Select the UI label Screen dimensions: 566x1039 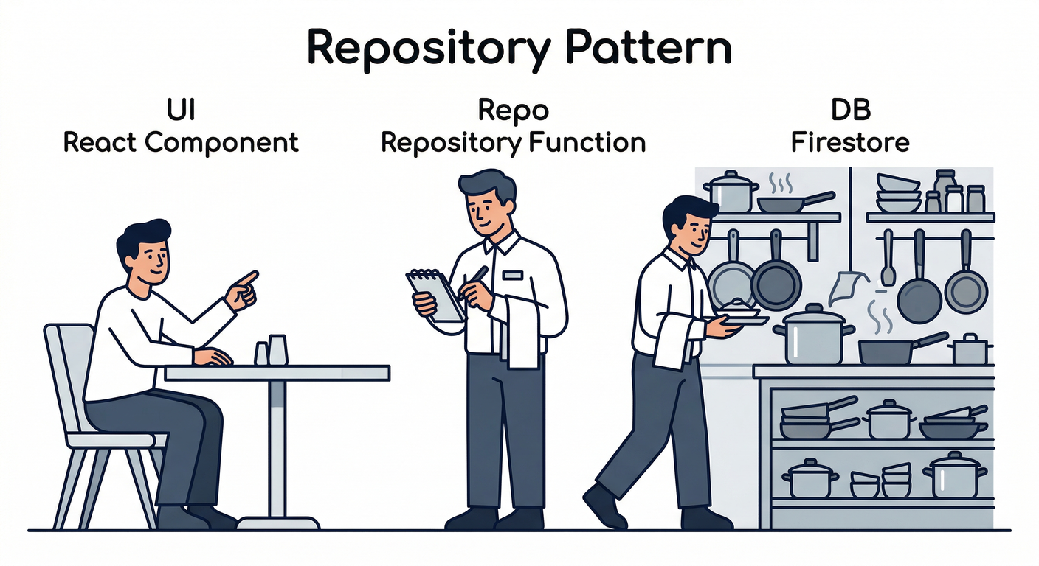pyautogui.click(x=181, y=111)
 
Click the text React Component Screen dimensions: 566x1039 pyautogui.click(x=181, y=142)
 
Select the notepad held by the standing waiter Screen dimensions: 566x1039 pyautogui.click(x=435, y=295)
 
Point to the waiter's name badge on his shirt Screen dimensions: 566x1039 pyautogui.click(x=512, y=275)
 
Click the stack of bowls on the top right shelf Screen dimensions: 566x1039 pyautogui.click(x=898, y=193)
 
